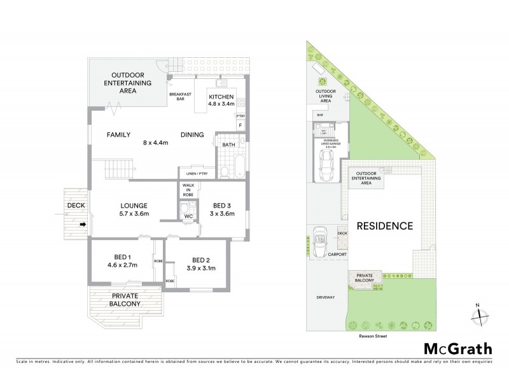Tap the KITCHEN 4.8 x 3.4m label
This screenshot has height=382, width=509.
222,100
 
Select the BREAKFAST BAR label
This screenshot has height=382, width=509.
180,97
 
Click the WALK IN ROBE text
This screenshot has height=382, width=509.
188,191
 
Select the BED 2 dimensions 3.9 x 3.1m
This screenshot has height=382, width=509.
200,268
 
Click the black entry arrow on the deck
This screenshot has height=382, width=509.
82,224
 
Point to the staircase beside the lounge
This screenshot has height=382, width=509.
119,170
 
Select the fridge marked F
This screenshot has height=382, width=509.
240,125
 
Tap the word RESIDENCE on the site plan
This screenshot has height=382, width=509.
384,225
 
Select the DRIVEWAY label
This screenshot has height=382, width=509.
324,297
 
